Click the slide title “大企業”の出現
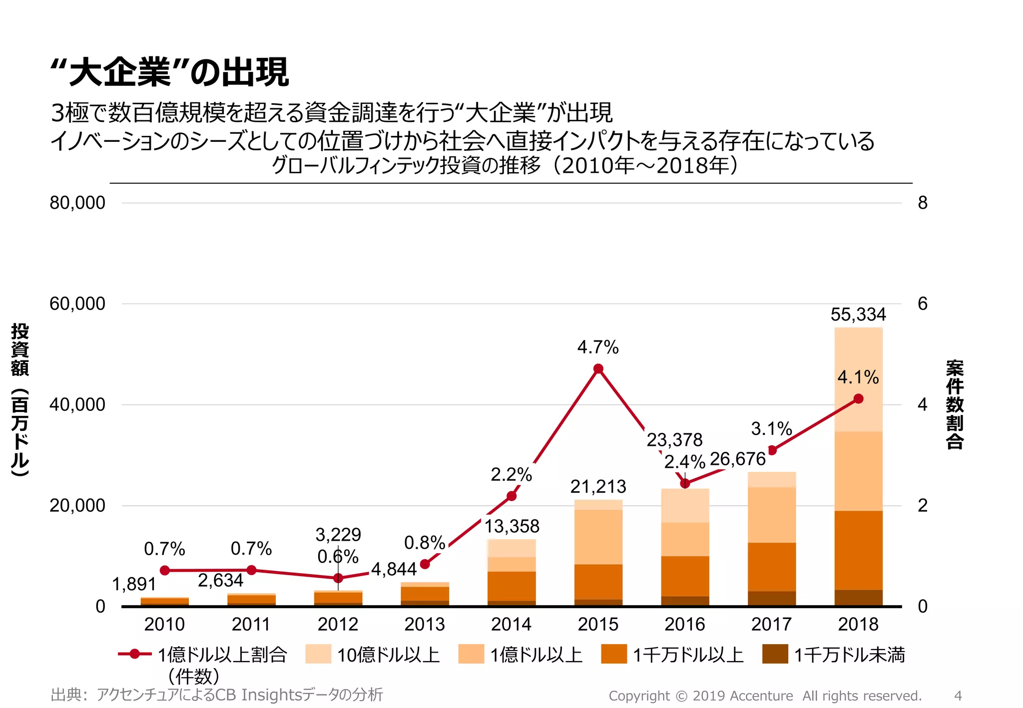pyautogui.click(x=170, y=72)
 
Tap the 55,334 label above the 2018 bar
pyautogui.click(x=858, y=315)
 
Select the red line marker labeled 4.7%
pyautogui.click(x=598, y=369)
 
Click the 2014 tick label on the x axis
pyautogui.click(x=511, y=624)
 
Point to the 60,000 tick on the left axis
pyautogui.click(x=77, y=304)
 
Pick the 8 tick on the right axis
pyautogui.click(x=922, y=203)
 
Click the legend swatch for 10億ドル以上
pyautogui.click(x=318, y=654)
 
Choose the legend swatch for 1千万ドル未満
pyautogui.click(x=775, y=654)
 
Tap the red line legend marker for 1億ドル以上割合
pyautogui.click(x=134, y=654)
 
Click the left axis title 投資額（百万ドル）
pyautogui.click(x=20, y=399)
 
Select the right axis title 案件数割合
pyautogui.click(x=954, y=404)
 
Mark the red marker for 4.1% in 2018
pyautogui.click(x=858, y=398)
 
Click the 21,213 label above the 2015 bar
pyautogui.click(x=598, y=486)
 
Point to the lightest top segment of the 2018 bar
pyautogui.click(x=858, y=379)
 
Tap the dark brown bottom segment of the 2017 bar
pyautogui.click(x=771, y=598)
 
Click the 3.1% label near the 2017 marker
pyautogui.click(x=771, y=428)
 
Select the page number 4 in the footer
pyautogui.click(x=958, y=696)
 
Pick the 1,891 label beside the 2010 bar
pyautogui.click(x=134, y=584)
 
